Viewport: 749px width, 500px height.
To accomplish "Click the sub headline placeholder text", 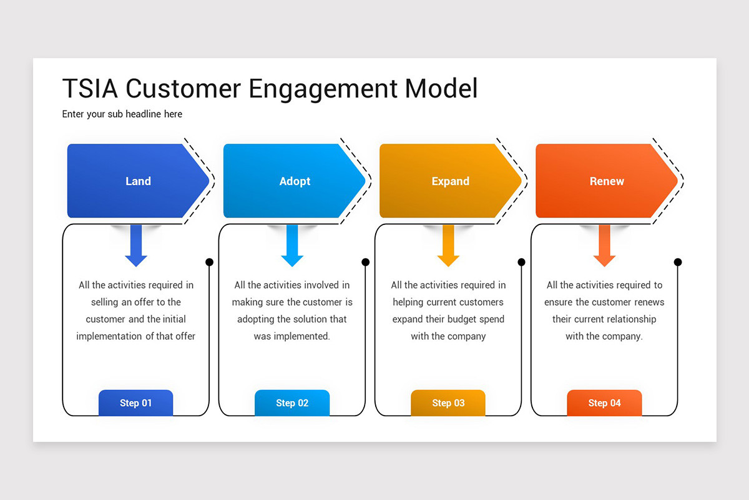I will (122, 114).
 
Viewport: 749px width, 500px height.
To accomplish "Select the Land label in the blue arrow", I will (138, 181).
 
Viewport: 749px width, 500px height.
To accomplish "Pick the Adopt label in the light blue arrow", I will (295, 181).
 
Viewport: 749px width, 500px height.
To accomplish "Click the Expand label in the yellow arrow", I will (450, 181).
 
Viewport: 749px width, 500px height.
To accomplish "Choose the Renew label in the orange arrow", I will (607, 181).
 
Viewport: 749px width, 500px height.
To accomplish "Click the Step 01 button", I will (135, 403).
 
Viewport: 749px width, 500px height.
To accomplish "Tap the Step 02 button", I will (292, 403).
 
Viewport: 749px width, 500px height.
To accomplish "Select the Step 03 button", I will (448, 403).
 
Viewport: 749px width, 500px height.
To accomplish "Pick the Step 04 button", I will (604, 403).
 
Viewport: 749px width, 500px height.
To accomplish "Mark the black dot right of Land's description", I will (210, 262).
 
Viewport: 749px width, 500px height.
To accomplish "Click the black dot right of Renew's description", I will (678, 262).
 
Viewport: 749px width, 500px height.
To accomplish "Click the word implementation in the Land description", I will (109, 336).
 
